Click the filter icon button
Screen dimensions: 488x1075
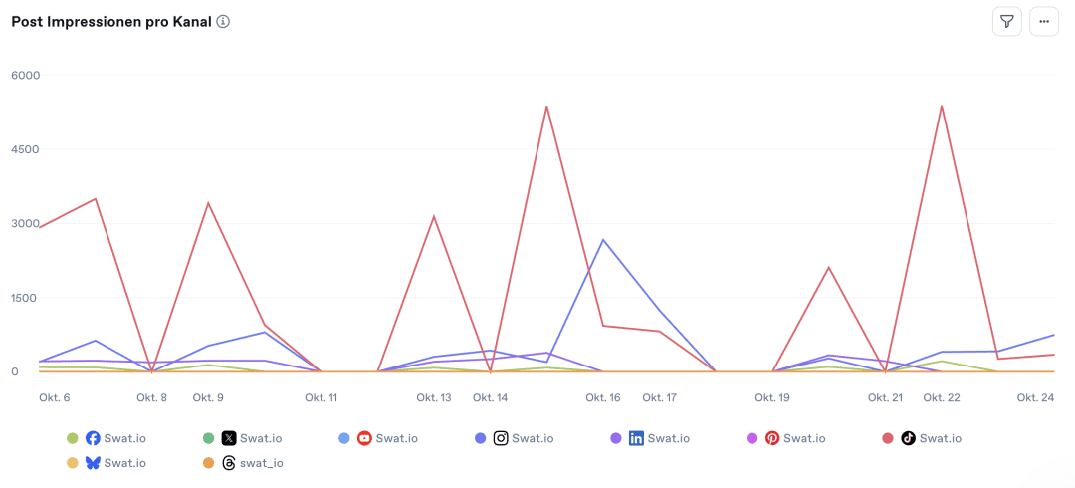(x=1006, y=21)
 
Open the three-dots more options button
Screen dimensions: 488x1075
(x=1044, y=21)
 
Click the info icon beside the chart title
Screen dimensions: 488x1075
(x=223, y=22)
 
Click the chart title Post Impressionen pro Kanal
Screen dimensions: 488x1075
(x=110, y=22)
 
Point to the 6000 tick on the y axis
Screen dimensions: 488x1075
(x=25, y=75)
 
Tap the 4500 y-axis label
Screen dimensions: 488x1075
(x=25, y=149)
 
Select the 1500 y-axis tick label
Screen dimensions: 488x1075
(x=25, y=298)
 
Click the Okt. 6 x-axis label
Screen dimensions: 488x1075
(x=54, y=398)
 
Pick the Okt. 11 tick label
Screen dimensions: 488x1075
(x=321, y=398)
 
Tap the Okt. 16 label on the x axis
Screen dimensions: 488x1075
(x=603, y=398)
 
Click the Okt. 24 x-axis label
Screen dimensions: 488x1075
(x=1035, y=398)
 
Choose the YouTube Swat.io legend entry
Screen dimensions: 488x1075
(x=387, y=438)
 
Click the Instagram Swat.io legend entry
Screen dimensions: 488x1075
(x=523, y=438)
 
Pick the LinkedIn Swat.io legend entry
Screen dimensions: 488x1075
(x=658, y=438)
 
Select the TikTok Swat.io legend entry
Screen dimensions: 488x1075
(x=931, y=438)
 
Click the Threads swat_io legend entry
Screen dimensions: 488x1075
(x=251, y=463)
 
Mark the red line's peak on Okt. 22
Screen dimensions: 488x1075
(x=941, y=106)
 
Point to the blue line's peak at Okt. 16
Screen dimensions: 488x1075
(x=603, y=240)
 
